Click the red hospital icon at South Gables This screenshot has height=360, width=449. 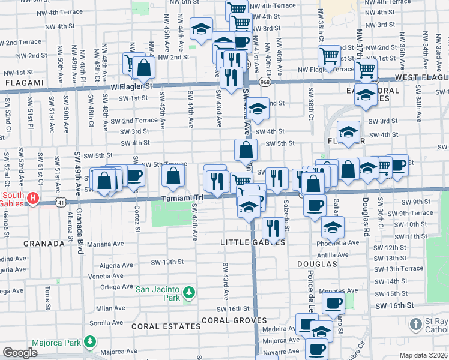(34, 197)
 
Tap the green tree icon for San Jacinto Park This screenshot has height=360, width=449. (189, 292)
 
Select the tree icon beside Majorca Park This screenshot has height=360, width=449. (90, 341)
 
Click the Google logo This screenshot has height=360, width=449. (20, 353)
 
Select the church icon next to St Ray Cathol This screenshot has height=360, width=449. (416, 325)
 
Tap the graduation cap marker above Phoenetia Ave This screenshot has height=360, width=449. (333, 226)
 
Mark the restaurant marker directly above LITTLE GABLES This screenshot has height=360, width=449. (273, 227)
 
